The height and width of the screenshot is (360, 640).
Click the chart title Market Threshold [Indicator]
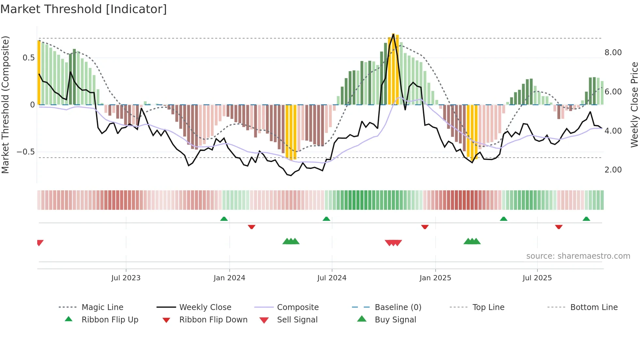pos(84,9)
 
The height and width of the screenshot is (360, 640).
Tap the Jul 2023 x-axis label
pos(126,278)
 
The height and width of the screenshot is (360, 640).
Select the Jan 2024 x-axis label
pos(229,278)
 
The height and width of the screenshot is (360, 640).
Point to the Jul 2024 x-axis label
pos(332,278)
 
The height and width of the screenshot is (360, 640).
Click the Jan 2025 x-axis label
pos(435,278)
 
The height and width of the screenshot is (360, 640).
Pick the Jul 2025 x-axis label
pos(537,278)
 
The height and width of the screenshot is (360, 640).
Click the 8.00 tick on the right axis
pos(613,53)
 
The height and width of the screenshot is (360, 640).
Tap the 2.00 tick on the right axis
pos(613,170)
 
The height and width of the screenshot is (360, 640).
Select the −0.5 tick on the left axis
pos(25,152)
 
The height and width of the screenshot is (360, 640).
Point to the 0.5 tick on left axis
pos(28,58)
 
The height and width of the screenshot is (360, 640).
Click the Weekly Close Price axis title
pos(634,105)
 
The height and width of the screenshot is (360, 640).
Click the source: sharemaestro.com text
pos(578,256)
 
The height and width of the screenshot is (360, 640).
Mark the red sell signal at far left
pos(40,243)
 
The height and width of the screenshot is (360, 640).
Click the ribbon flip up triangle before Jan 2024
pos(224,219)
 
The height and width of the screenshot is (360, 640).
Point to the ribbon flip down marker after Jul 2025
pos(559,227)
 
